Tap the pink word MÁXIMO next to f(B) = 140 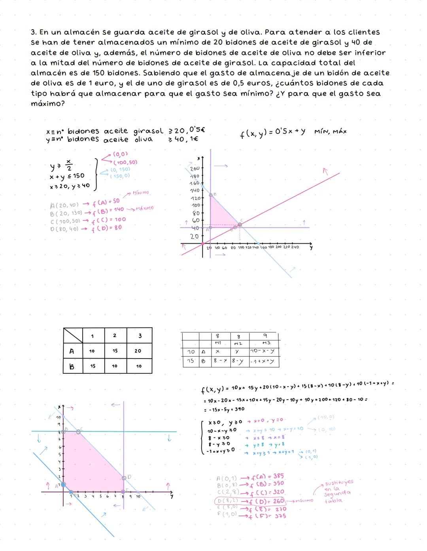tap(144, 208)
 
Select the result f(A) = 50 tap(106, 202)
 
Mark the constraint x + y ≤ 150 tap(67, 176)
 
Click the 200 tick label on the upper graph tap(195, 168)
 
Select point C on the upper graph tap(240, 224)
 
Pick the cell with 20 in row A tap(138, 351)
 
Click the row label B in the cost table tap(72, 366)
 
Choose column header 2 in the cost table tap(115, 335)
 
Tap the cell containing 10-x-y tap(263, 351)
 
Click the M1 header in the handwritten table tap(217, 343)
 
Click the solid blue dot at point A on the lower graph tap(63, 484)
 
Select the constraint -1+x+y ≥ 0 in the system tap(220, 450)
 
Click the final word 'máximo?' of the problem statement tap(47, 103)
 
